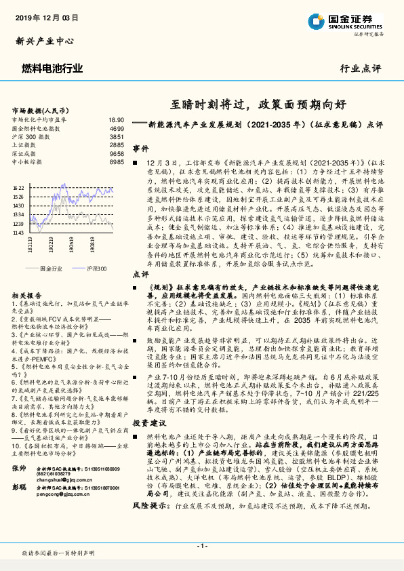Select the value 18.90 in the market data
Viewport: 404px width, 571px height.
116,119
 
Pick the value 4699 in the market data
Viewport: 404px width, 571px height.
117,127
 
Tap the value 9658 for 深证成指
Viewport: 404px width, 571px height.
117,153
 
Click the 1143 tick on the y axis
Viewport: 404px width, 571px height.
18,232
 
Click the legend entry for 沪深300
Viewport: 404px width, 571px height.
96,269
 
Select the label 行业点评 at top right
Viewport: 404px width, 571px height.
360,68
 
